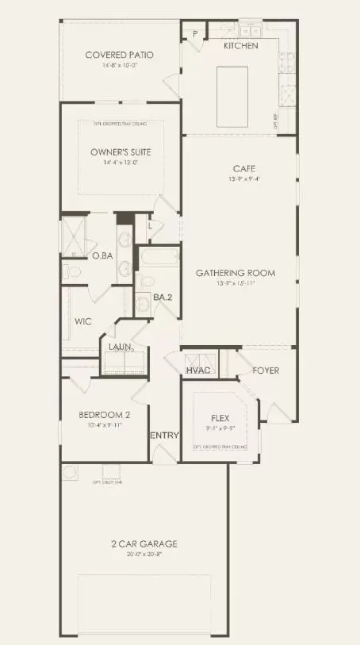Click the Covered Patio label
pos(119,55)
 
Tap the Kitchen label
pos(240,46)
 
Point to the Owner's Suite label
pos(121,152)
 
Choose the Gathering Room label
pos(236,273)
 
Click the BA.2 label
pos(163,298)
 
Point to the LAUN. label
pos(120,346)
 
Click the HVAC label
pos(198,370)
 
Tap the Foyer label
pos(266,370)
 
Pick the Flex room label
pos(220,418)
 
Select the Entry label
pos(164,436)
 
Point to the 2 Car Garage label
pos(144,543)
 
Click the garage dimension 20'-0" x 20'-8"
pos(144,554)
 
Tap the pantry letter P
pos(194,33)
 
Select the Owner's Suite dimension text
pos(121,163)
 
